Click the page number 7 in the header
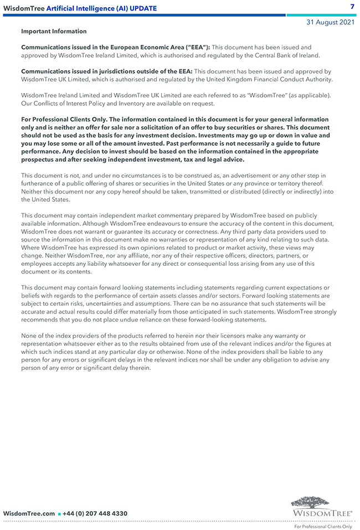tap(352, 7)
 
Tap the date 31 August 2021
tap(331, 22)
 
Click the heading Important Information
tap(54, 32)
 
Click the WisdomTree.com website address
tap(29, 513)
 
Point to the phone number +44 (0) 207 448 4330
tap(95, 513)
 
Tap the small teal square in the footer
tap(59, 514)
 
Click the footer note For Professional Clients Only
tap(323, 527)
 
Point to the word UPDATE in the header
tap(143, 8)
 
